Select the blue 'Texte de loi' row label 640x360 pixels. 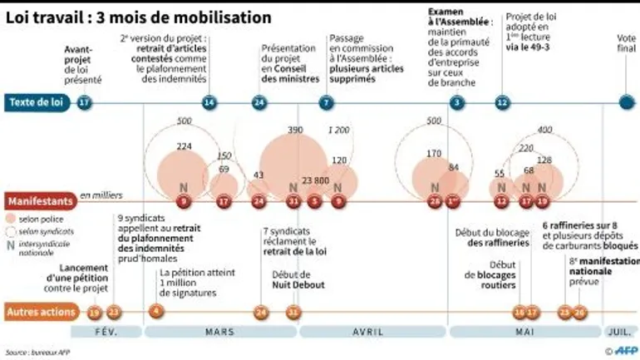click(37, 102)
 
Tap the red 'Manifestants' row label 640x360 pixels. click(38, 201)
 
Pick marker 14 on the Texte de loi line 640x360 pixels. click(209, 102)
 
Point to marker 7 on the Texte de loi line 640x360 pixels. click(326, 102)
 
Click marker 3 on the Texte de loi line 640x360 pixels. click(456, 102)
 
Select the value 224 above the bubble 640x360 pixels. click(185, 146)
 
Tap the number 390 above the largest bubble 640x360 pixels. click(295, 131)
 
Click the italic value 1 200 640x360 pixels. click(339, 130)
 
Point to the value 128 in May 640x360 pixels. click(544, 160)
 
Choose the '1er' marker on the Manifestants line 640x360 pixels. click(453, 201)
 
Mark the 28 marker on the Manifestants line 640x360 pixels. click(435, 201)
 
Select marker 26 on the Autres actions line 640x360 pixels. click(580, 313)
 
